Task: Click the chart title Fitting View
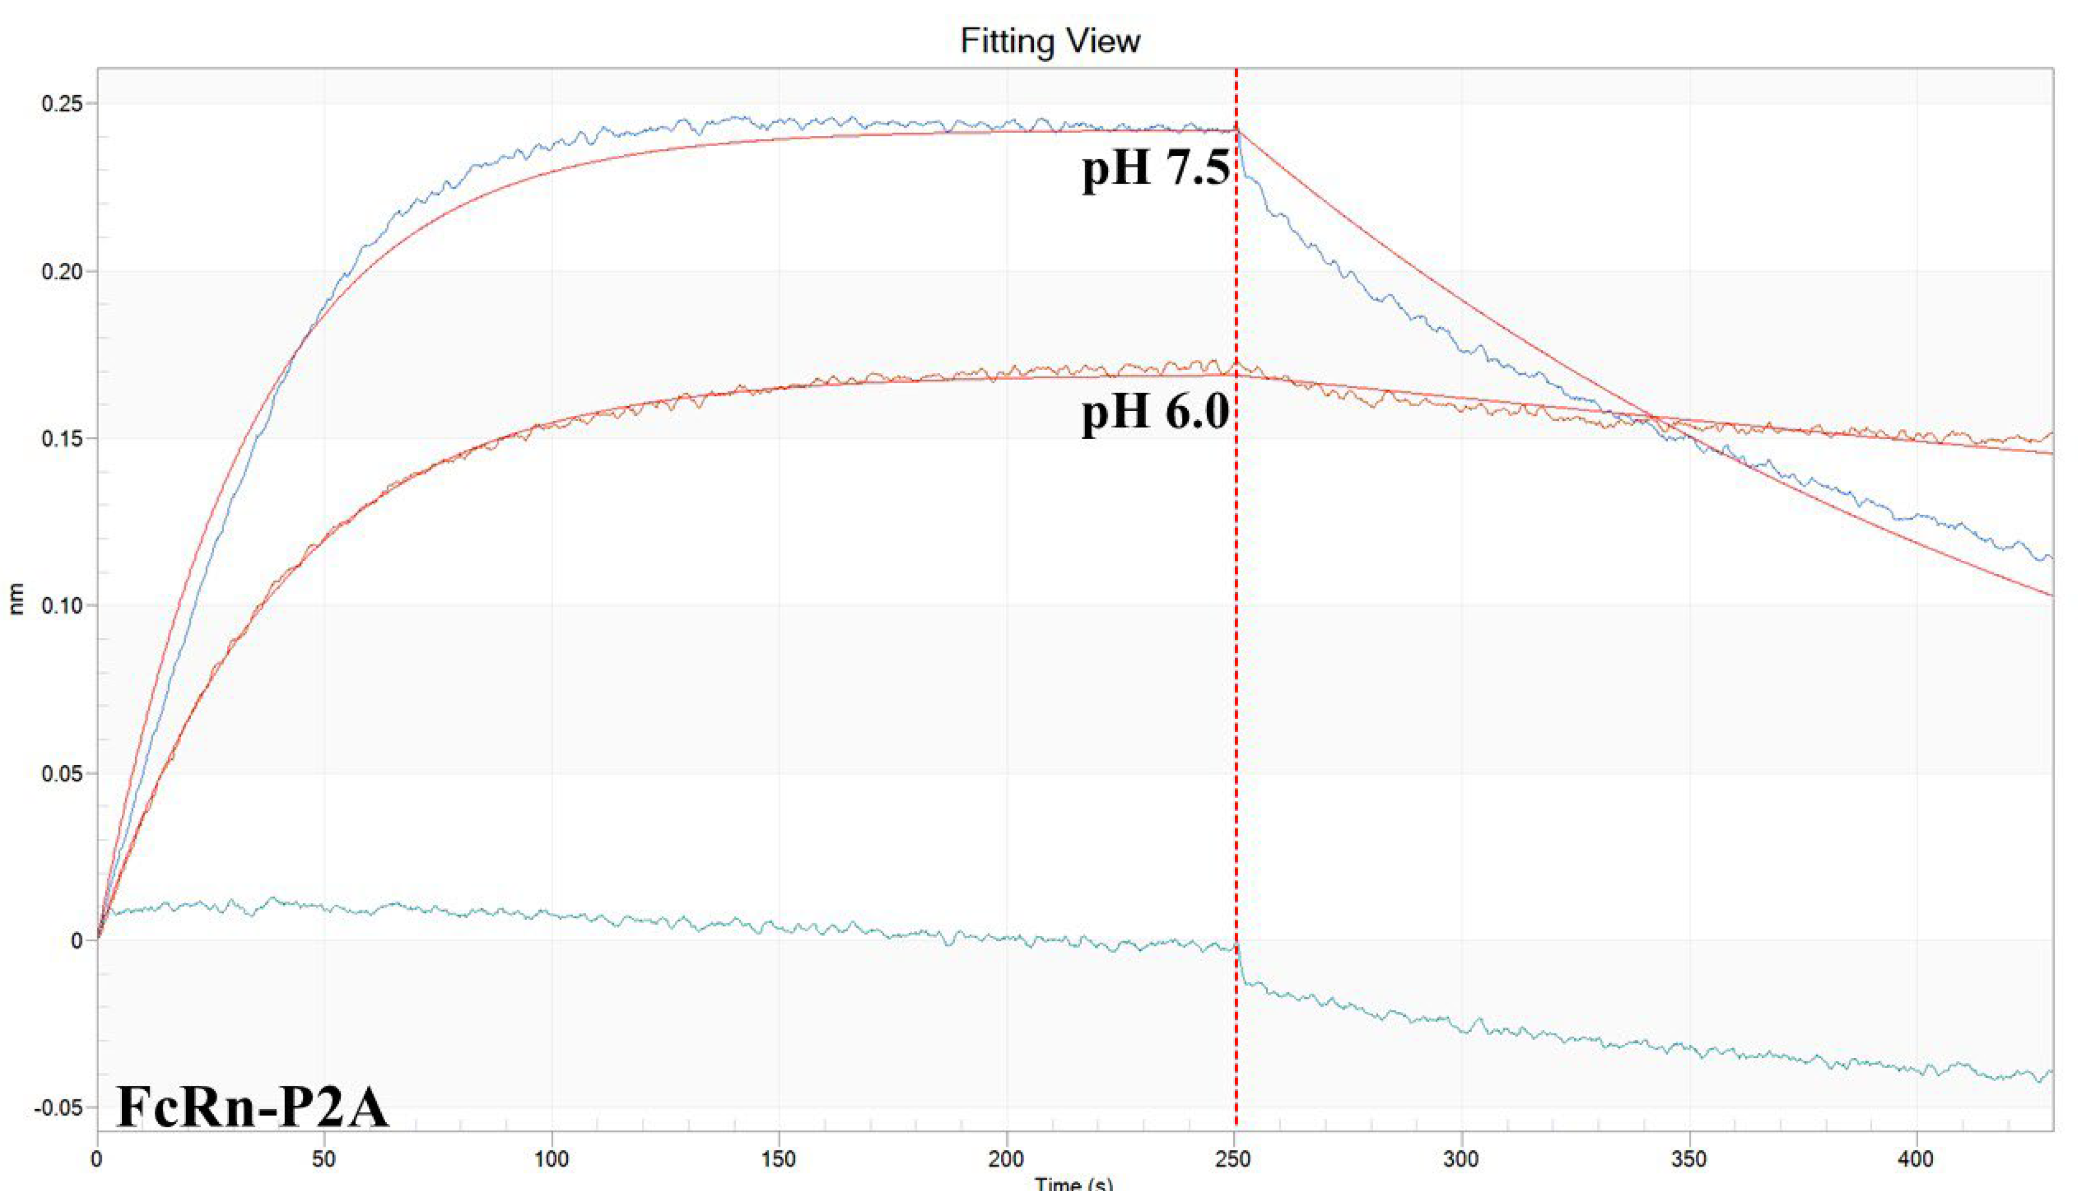click(1050, 41)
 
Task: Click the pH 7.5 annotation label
click(1156, 170)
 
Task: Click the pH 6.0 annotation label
click(1156, 412)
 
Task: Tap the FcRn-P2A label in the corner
click(252, 1107)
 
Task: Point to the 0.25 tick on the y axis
click(63, 104)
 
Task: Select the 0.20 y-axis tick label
click(63, 271)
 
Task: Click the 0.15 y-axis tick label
click(63, 439)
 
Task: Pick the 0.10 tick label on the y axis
click(63, 606)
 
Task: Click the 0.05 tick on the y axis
click(63, 773)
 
